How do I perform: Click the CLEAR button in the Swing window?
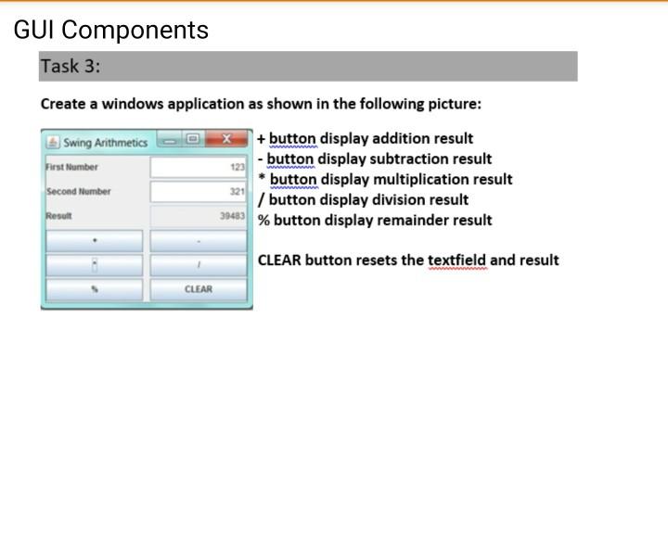(x=199, y=289)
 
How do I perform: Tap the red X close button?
(x=225, y=141)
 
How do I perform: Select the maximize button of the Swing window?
(x=193, y=141)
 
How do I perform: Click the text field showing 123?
(x=199, y=168)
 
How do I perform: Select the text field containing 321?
(x=199, y=192)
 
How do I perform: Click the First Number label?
(x=72, y=168)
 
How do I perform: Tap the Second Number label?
(x=79, y=192)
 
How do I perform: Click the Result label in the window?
(x=59, y=216)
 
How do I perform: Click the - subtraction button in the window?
(x=199, y=241)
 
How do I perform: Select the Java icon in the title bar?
(x=53, y=142)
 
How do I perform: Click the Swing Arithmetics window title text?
(x=105, y=143)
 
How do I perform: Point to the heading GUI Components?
(x=111, y=30)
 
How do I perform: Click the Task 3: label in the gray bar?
(x=71, y=66)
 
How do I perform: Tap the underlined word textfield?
(x=456, y=260)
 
